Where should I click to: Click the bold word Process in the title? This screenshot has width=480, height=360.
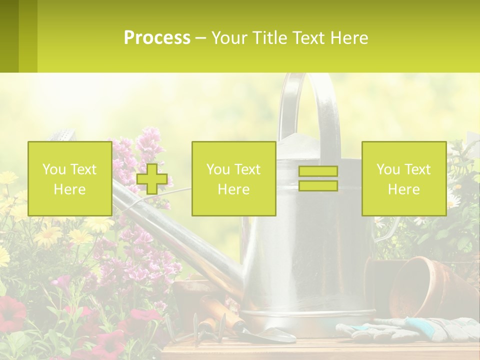(157, 38)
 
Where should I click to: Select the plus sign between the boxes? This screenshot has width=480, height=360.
(152, 178)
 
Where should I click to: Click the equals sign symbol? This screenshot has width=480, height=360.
(318, 178)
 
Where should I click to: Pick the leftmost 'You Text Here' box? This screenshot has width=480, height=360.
(70, 178)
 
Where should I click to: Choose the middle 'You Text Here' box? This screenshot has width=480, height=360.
(233, 178)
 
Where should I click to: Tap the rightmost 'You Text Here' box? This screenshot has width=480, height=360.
(403, 178)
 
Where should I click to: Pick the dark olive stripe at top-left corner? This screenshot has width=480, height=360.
(9, 36)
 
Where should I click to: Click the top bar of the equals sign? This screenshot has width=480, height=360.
(318, 171)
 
